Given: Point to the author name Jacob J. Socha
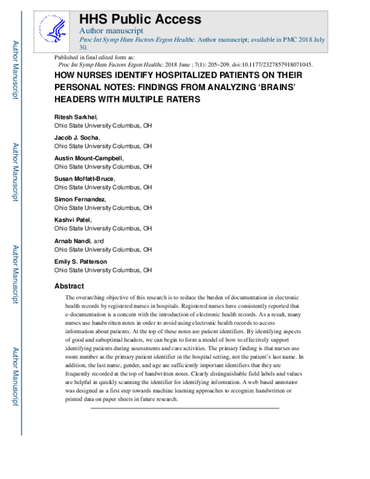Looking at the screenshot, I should (x=77, y=138).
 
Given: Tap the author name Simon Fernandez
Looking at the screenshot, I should (x=80, y=199).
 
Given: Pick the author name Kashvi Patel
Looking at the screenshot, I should (x=72, y=220).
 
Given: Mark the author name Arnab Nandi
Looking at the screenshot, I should (x=73, y=241).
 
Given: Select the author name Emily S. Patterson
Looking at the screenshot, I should (x=80, y=261).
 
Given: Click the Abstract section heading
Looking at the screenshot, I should (x=69, y=286).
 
